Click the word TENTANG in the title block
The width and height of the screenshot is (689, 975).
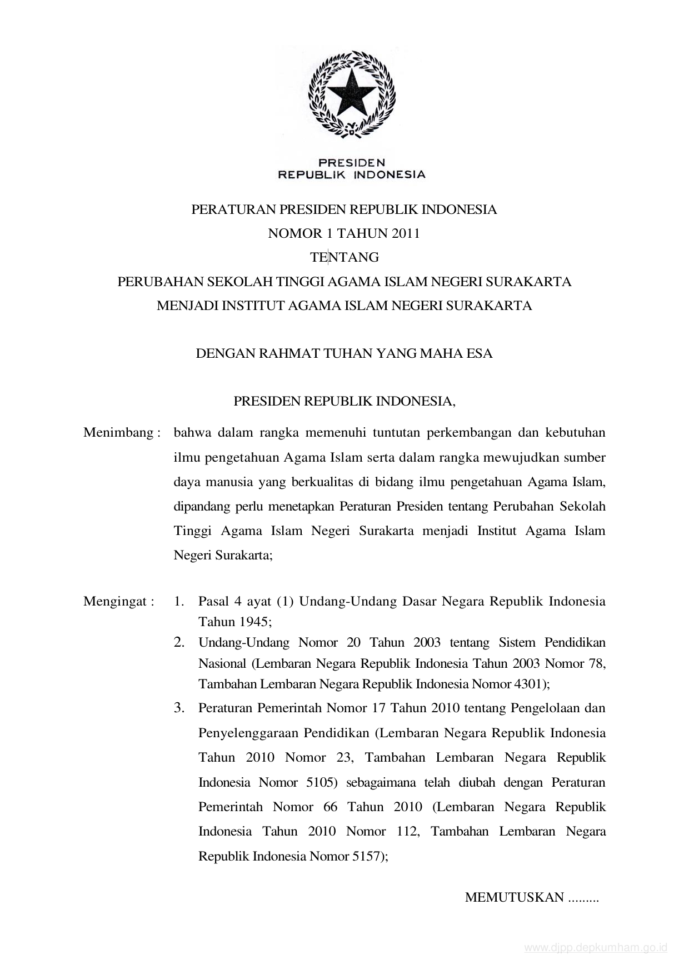pyautogui.click(x=344, y=257)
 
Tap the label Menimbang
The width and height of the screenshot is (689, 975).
pyautogui.click(x=118, y=433)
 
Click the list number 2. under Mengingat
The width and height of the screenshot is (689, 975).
pyautogui.click(x=179, y=643)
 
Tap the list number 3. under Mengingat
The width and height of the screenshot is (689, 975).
pyautogui.click(x=179, y=708)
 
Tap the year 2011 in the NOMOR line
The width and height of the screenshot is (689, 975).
pyautogui.click(x=406, y=233)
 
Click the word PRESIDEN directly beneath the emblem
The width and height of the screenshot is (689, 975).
pyautogui.click(x=351, y=163)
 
